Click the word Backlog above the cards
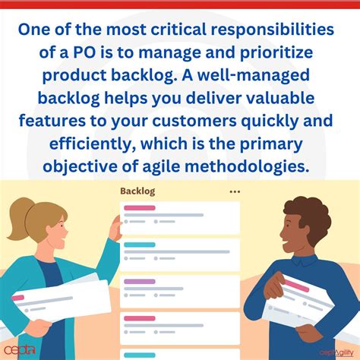pos(137,191)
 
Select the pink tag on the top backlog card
pos(141,207)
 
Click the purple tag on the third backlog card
pos(139,282)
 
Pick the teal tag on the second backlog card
pos(139,245)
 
